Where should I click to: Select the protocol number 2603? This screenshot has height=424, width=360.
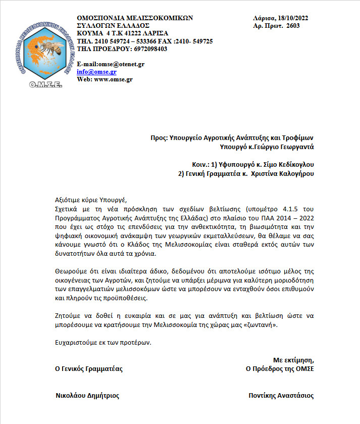(293, 26)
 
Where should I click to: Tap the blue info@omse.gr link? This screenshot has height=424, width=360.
(96, 72)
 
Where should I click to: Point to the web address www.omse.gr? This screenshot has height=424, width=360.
(113, 79)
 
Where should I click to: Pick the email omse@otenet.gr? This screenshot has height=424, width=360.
(121, 64)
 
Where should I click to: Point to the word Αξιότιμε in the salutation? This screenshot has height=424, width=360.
(69, 199)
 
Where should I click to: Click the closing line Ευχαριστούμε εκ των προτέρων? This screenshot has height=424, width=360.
(103, 342)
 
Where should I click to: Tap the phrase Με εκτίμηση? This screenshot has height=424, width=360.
(293, 360)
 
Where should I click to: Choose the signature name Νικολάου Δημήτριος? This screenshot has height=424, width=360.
(87, 396)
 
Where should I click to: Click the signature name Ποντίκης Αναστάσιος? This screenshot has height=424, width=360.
(281, 396)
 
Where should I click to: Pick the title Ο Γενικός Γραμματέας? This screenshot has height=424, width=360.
(89, 369)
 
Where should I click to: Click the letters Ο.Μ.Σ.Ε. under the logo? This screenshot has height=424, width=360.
(45, 84)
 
